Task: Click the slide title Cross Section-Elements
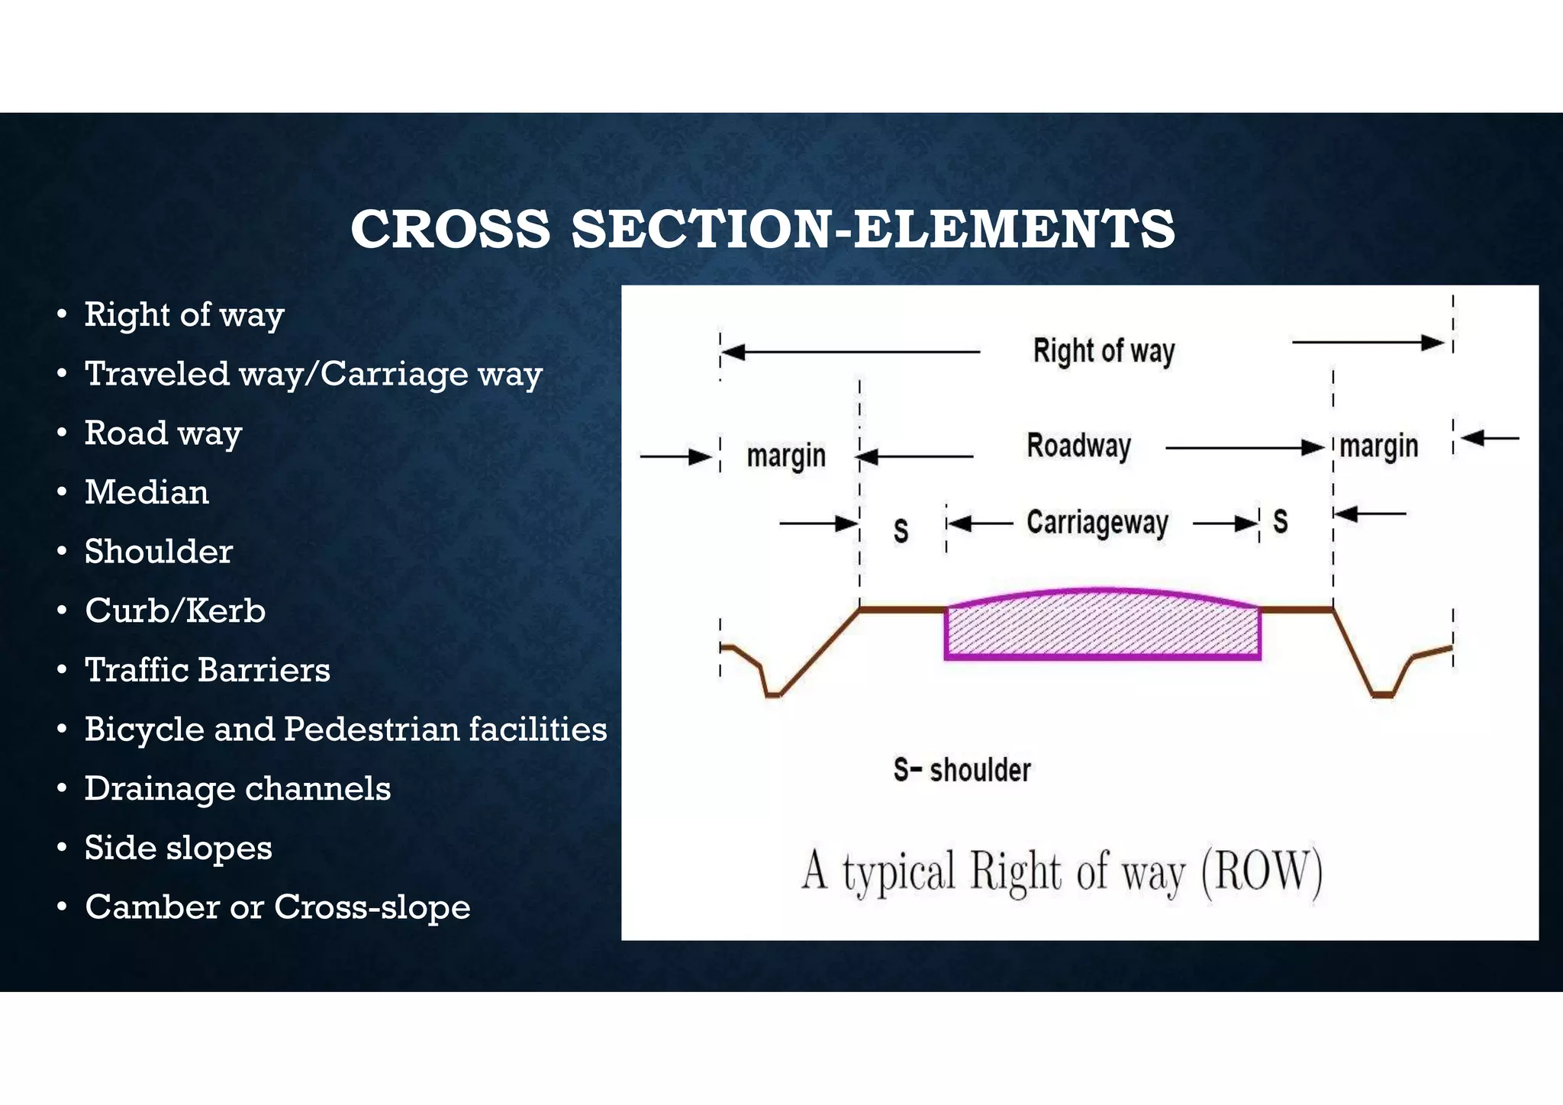762,229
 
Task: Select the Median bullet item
147,492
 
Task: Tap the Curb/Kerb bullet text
175,610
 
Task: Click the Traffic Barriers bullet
207,670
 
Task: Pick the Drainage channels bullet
237,789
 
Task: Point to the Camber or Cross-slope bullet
277,907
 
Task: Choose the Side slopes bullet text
178,848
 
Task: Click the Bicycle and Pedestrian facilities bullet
345,730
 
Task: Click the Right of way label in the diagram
1104,352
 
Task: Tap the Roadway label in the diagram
1078,446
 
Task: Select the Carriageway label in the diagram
1097,524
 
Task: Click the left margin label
786,456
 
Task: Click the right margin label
1379,446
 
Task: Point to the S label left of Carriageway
901,530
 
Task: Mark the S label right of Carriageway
1281,522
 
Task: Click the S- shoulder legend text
962,770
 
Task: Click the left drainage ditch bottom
773,694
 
